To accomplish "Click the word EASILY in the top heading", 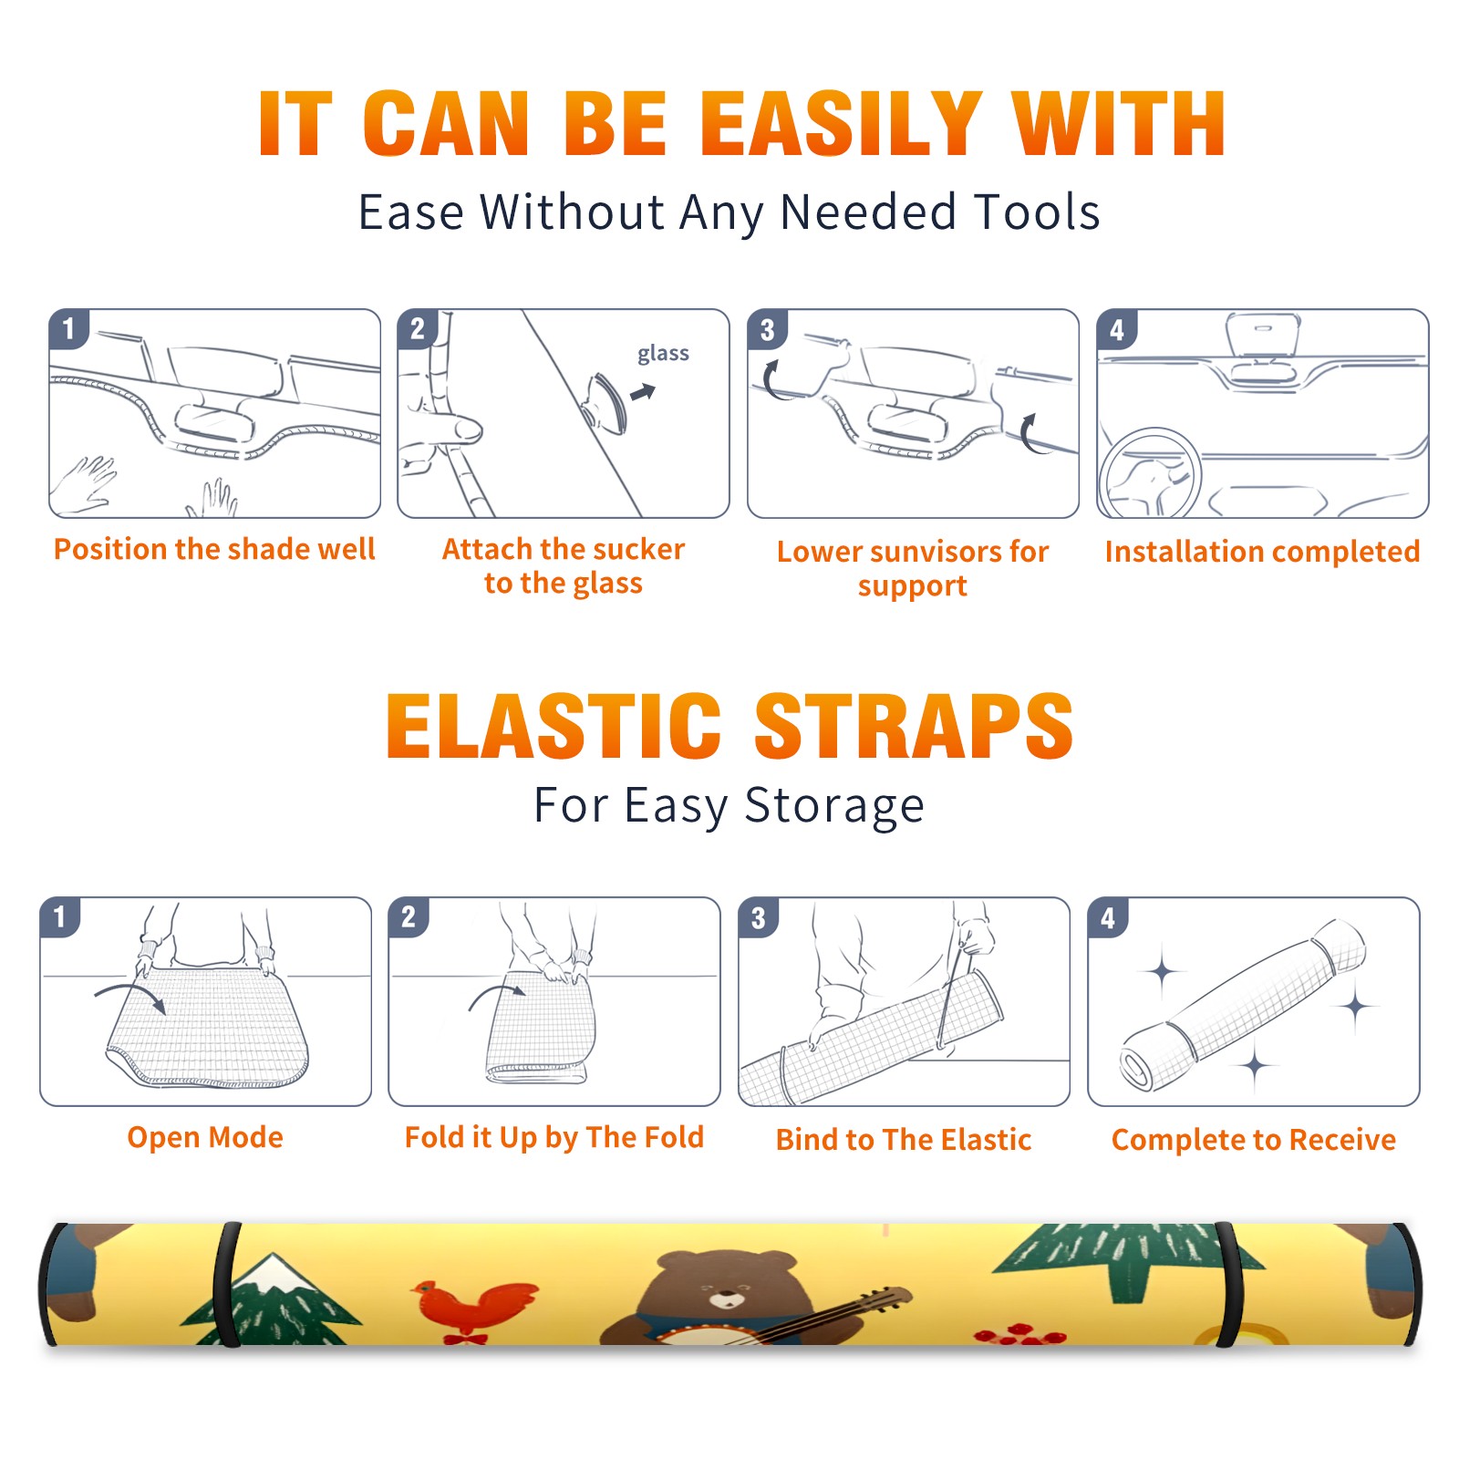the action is (x=842, y=124).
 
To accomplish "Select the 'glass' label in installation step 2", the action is (x=663, y=354).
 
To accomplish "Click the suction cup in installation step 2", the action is (x=605, y=402).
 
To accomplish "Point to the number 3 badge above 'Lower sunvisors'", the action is (x=767, y=329).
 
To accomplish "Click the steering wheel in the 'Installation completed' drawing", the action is (x=1150, y=473).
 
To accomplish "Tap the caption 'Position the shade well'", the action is (x=214, y=549).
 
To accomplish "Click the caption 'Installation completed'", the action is (x=1262, y=552).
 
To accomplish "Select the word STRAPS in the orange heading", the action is (x=914, y=726).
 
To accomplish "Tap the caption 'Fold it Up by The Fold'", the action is (x=554, y=1137).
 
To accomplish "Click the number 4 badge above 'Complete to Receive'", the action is (x=1108, y=917).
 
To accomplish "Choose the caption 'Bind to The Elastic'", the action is (x=904, y=1140).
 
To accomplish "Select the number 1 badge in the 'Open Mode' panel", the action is (x=59, y=916).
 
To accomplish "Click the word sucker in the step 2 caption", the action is (x=638, y=549).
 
